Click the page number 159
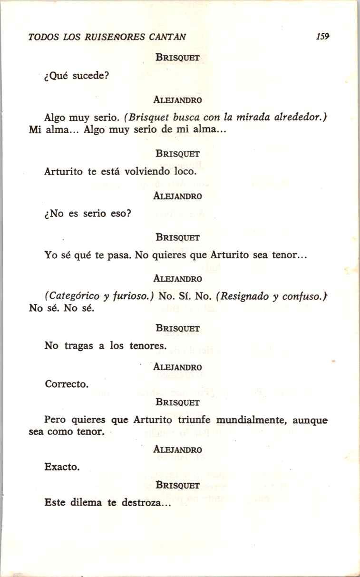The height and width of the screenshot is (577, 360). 323,37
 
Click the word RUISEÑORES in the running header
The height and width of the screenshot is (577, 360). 109,37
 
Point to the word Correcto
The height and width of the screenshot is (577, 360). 67,384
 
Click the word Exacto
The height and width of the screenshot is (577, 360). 62,467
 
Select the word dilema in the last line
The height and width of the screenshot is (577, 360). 87,502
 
